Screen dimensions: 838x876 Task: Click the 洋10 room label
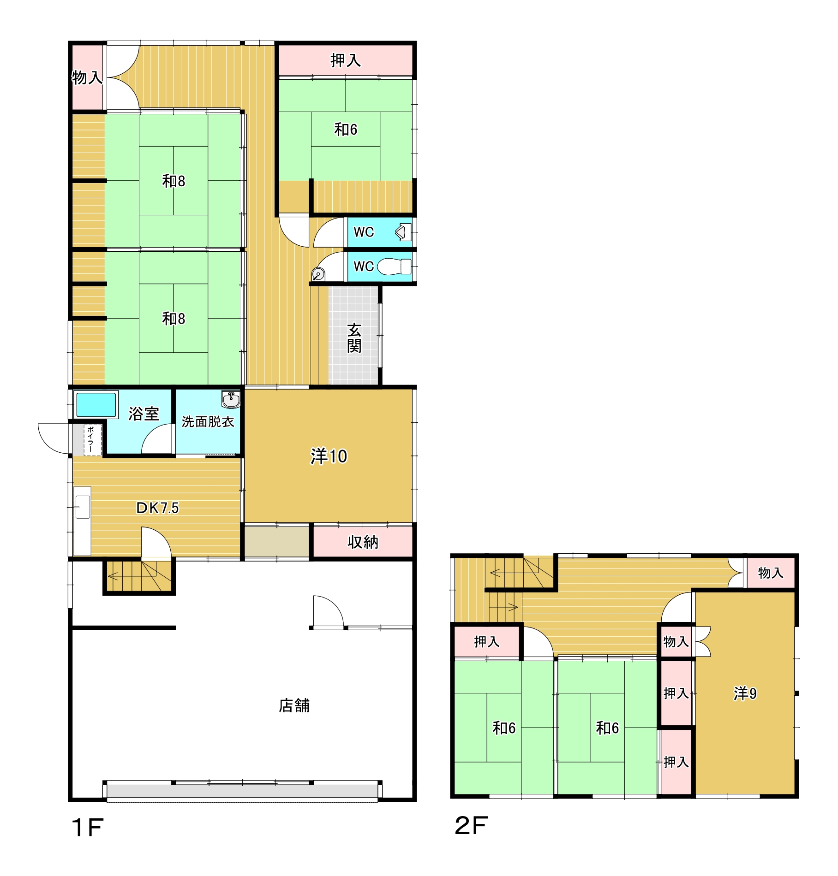pos(329,456)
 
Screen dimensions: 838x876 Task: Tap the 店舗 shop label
pos(294,706)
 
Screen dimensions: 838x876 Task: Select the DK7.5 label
pos(157,508)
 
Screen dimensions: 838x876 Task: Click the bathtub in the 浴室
pos(96,404)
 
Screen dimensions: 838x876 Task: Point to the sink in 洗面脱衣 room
pos(231,399)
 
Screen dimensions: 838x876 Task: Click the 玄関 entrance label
pos(354,338)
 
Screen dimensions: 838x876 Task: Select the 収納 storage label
pos(363,542)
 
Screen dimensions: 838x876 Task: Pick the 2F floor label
pos(471,825)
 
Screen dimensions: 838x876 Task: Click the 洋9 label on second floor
pos(745,693)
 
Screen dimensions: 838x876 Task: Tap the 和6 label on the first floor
pos(346,130)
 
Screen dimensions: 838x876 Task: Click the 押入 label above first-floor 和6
pos(345,60)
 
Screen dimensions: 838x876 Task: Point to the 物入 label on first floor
pos(87,77)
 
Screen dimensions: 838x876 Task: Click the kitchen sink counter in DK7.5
pos(82,521)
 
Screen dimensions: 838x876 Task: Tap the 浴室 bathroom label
pos(144,414)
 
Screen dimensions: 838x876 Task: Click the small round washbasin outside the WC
pos(318,275)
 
